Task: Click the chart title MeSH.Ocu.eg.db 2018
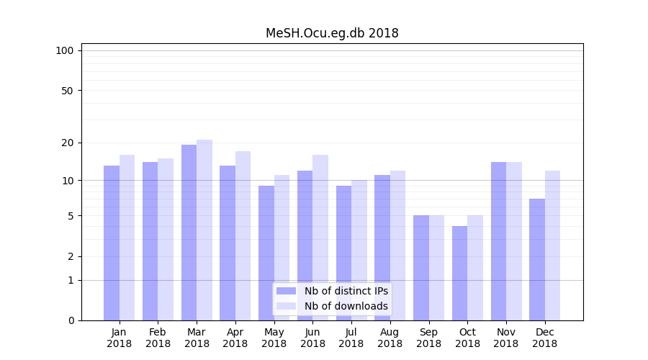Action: (x=332, y=33)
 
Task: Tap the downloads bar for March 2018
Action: (x=204, y=230)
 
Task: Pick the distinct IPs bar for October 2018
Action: (x=459, y=274)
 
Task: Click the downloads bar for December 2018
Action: (x=552, y=246)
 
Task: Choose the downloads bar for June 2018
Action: (x=320, y=238)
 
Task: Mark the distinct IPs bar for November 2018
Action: (x=498, y=241)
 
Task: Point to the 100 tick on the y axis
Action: (x=65, y=50)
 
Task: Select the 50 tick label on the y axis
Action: (x=67, y=91)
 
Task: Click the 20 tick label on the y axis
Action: (x=67, y=143)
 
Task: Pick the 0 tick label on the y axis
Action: (x=71, y=320)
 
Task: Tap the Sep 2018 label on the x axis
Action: (x=428, y=338)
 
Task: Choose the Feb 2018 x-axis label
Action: (x=158, y=338)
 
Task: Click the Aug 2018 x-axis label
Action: (x=390, y=338)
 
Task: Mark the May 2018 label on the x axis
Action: (x=274, y=338)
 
